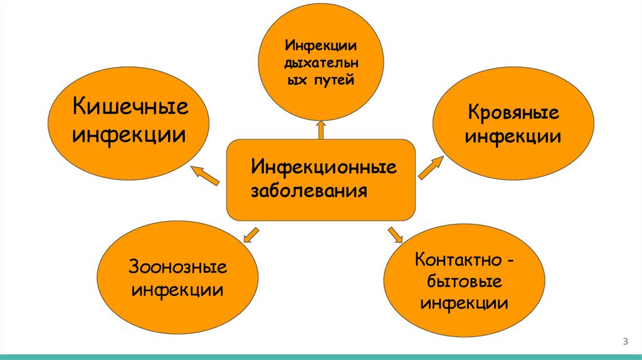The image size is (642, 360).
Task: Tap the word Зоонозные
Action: tap(178, 268)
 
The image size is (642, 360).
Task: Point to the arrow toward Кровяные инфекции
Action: tap(430, 168)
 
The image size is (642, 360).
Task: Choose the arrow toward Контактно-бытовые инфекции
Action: tap(395, 235)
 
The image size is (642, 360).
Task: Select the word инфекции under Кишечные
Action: tap(129, 134)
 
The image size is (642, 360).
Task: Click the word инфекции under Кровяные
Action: tap(513, 136)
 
